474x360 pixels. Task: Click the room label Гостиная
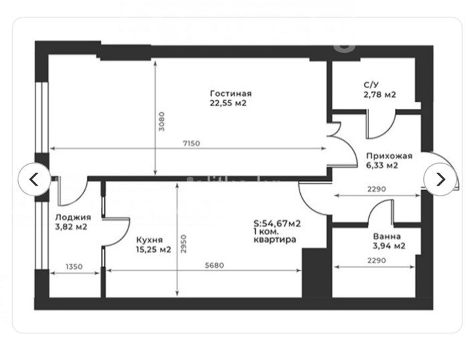(231, 94)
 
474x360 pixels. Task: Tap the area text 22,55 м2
(228, 103)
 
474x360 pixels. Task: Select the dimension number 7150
(192, 143)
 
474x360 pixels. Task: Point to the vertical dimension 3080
(162, 122)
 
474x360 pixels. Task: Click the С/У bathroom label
(371, 85)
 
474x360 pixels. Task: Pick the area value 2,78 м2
(380, 95)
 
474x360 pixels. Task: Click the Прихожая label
(389, 156)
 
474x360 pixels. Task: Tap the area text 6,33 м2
(382, 166)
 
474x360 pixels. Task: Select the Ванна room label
(387, 236)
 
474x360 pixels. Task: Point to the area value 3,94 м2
(389, 246)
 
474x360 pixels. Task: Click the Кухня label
(149, 240)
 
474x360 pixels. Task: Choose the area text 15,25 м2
(154, 250)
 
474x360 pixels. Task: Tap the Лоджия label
(73, 217)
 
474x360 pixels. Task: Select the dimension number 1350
(74, 266)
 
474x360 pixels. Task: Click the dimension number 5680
(215, 265)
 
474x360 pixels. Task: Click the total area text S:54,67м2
(277, 224)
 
